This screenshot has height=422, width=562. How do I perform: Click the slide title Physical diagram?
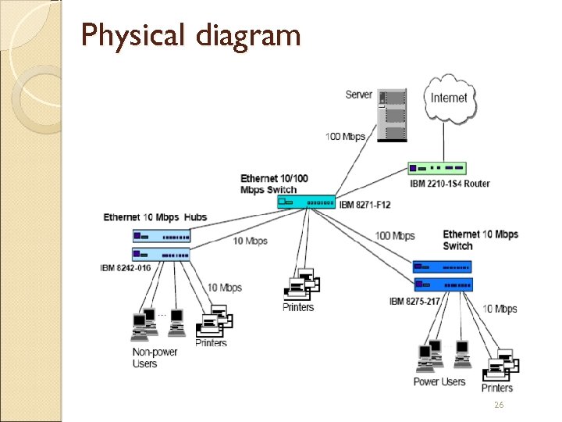point(190,35)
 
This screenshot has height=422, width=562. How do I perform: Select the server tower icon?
point(392,116)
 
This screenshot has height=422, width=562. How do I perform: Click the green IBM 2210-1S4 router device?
point(437,168)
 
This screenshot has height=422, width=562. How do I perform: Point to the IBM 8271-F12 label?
point(365,205)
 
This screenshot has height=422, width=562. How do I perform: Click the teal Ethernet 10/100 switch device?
point(306,202)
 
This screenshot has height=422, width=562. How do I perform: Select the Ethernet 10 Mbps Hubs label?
point(155,216)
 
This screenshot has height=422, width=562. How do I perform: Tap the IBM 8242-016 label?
point(125,268)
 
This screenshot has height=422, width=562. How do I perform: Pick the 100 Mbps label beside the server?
point(345,138)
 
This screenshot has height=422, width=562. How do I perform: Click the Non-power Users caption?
point(155,358)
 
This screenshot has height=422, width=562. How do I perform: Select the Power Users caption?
point(439,382)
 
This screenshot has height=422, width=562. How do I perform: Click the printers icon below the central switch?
point(301,284)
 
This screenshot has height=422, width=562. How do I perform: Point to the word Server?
point(358,95)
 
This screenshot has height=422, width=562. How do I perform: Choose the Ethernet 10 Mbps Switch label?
point(480,240)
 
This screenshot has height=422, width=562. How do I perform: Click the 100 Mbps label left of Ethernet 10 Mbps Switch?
point(395,236)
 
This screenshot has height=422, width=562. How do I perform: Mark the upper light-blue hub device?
point(161,236)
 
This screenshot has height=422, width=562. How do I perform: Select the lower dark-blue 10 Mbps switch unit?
point(443,284)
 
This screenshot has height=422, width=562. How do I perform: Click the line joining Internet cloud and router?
point(444,145)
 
